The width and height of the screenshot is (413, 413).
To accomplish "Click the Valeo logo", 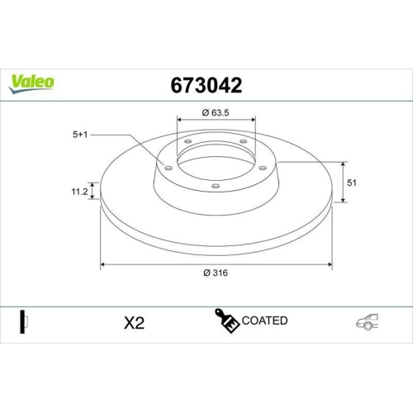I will click(31, 81).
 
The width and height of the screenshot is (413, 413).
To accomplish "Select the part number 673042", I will click(206, 84).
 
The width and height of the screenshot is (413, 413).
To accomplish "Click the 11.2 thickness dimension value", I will click(80, 192).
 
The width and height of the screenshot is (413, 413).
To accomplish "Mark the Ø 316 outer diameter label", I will click(216, 274).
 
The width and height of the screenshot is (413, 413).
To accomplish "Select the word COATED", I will click(265, 320).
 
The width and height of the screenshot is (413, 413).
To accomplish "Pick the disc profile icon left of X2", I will click(24, 322).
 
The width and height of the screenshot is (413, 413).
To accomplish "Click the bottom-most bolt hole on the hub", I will click(215, 186).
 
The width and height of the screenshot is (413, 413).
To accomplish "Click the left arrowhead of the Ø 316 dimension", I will click(103, 265).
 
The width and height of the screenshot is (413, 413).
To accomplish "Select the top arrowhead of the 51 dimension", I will click(344, 163).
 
